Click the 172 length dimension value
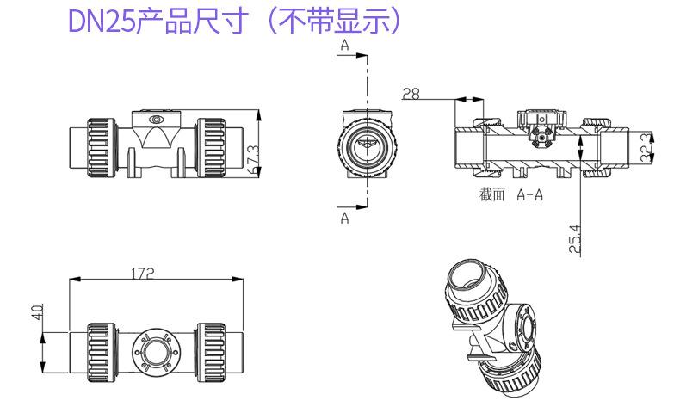point(143,274)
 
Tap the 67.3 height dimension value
point(253,159)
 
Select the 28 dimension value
point(411,94)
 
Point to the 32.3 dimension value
point(646,147)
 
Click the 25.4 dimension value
point(575,239)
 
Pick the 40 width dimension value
point(38,312)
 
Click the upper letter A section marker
point(345,45)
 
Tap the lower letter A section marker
point(345,218)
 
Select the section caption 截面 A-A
point(511,194)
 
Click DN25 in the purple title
point(102,21)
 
